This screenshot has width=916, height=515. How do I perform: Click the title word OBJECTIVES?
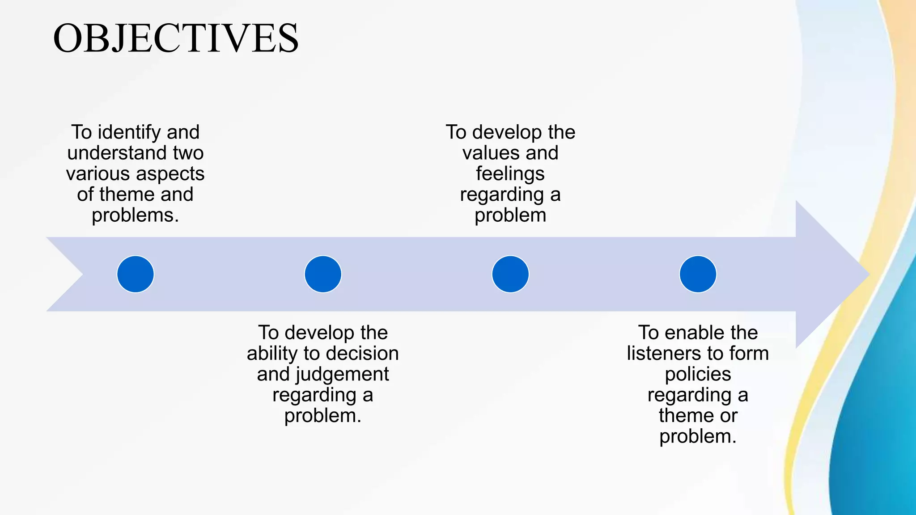tap(176, 38)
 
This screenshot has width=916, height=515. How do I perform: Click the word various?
tap(98, 173)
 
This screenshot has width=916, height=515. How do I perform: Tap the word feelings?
tap(510, 173)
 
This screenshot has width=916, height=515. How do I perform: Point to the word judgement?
tap(342, 374)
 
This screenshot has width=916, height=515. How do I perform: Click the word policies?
tap(698, 374)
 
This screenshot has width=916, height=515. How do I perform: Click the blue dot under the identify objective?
tap(136, 274)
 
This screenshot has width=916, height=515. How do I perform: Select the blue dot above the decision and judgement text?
tap(323, 274)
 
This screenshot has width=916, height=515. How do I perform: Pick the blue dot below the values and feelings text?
tap(510, 274)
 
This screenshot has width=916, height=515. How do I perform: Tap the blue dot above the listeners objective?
tap(698, 274)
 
